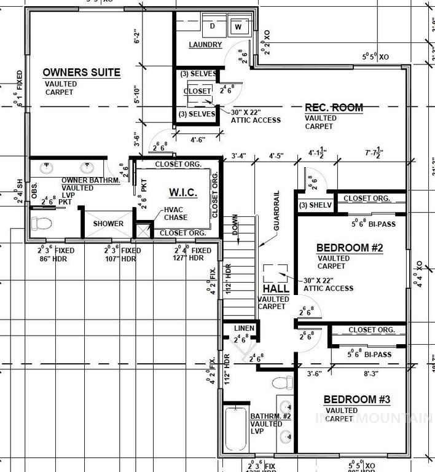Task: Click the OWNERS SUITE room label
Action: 81,73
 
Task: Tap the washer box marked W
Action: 237,27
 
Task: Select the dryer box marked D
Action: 213,26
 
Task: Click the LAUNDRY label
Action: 205,45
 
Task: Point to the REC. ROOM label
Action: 334,108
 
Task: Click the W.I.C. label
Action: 183,193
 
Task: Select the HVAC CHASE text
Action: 176,213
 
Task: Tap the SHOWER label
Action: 108,224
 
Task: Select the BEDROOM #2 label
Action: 350,248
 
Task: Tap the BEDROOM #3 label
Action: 357,399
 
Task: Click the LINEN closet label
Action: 245,329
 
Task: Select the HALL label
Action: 272,288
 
